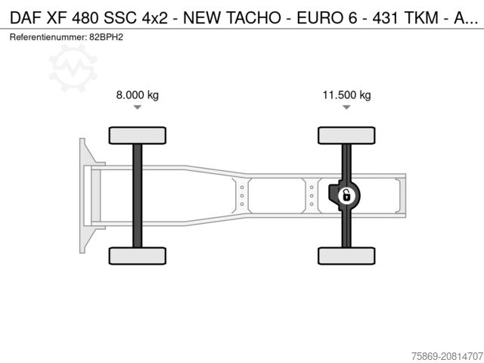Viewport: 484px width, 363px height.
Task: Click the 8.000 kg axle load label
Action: click(x=137, y=95)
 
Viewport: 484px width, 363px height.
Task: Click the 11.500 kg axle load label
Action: click(x=346, y=95)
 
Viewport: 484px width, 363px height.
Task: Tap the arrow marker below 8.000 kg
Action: click(x=137, y=107)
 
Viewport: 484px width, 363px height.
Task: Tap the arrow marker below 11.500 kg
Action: click(x=346, y=107)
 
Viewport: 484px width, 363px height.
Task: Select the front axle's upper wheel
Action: click(x=137, y=135)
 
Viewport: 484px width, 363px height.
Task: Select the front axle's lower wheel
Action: click(x=137, y=255)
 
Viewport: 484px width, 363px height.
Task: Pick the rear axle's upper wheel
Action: click(x=346, y=135)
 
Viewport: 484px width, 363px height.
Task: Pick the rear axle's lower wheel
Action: click(x=346, y=255)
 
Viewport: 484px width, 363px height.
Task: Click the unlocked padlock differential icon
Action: click(x=346, y=195)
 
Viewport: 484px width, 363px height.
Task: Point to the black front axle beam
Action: click(x=137, y=195)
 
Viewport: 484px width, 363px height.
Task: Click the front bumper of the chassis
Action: click(x=85, y=195)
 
